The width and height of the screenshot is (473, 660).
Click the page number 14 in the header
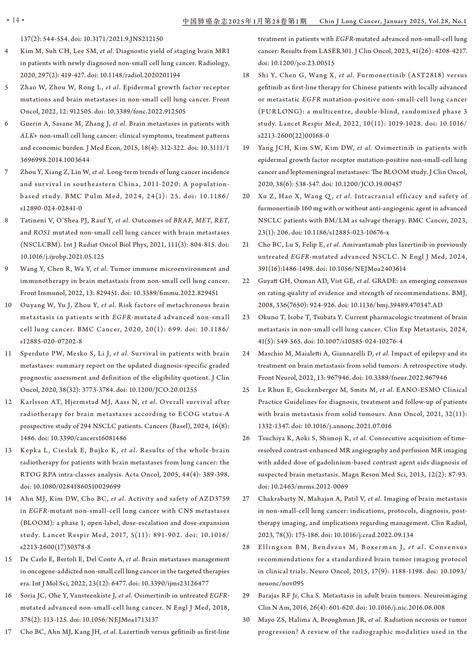14,20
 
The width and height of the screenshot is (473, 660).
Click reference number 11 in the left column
8,353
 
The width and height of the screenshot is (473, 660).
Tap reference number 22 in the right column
246,281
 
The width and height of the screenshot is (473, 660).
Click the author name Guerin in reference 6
30,123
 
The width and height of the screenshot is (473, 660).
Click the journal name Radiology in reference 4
214,63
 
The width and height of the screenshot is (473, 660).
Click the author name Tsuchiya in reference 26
272,438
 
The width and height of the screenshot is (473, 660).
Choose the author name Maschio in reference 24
271,353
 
